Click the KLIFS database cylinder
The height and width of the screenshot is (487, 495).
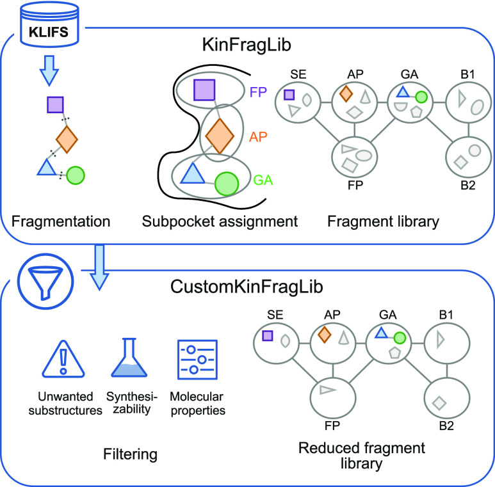coord(49,25)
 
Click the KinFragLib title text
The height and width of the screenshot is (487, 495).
coord(247,45)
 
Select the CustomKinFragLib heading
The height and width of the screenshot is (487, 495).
coord(247,287)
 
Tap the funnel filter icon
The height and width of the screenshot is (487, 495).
coord(45,281)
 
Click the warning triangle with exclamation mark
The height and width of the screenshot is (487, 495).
coord(63,359)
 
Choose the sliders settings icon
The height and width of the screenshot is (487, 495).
coord(198,359)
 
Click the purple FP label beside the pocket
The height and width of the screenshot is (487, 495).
coord(258,92)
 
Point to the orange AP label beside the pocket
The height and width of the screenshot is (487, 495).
coord(258,137)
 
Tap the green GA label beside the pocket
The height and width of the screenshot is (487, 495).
coord(263,180)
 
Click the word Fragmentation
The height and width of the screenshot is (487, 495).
coord(61,221)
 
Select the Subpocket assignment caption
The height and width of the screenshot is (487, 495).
coord(220,221)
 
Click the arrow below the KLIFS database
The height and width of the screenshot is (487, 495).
coord(49,70)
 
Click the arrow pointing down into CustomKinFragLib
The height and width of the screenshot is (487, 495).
coord(100,267)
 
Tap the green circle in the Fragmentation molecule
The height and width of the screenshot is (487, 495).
coord(76,175)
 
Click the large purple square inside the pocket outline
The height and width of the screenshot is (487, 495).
coord(204,90)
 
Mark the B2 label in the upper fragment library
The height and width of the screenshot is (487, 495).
coord(468,185)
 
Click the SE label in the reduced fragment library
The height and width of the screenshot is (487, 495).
coord(275,315)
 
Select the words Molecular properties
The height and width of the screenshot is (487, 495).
coord(198,403)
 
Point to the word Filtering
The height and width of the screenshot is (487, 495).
coord(131,454)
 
